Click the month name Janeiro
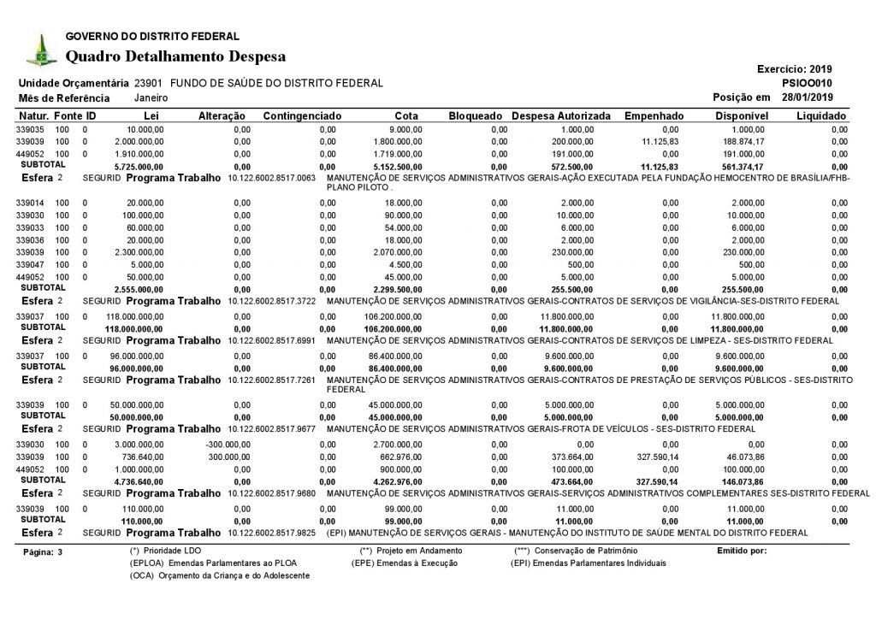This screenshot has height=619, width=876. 151,98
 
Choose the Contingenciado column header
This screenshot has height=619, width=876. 303,115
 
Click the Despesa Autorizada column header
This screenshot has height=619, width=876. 561,115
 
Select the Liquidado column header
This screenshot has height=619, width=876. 821,115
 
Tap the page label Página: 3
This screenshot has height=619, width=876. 44,552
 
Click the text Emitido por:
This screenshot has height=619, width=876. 741,550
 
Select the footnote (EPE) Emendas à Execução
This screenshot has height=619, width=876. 405,563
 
